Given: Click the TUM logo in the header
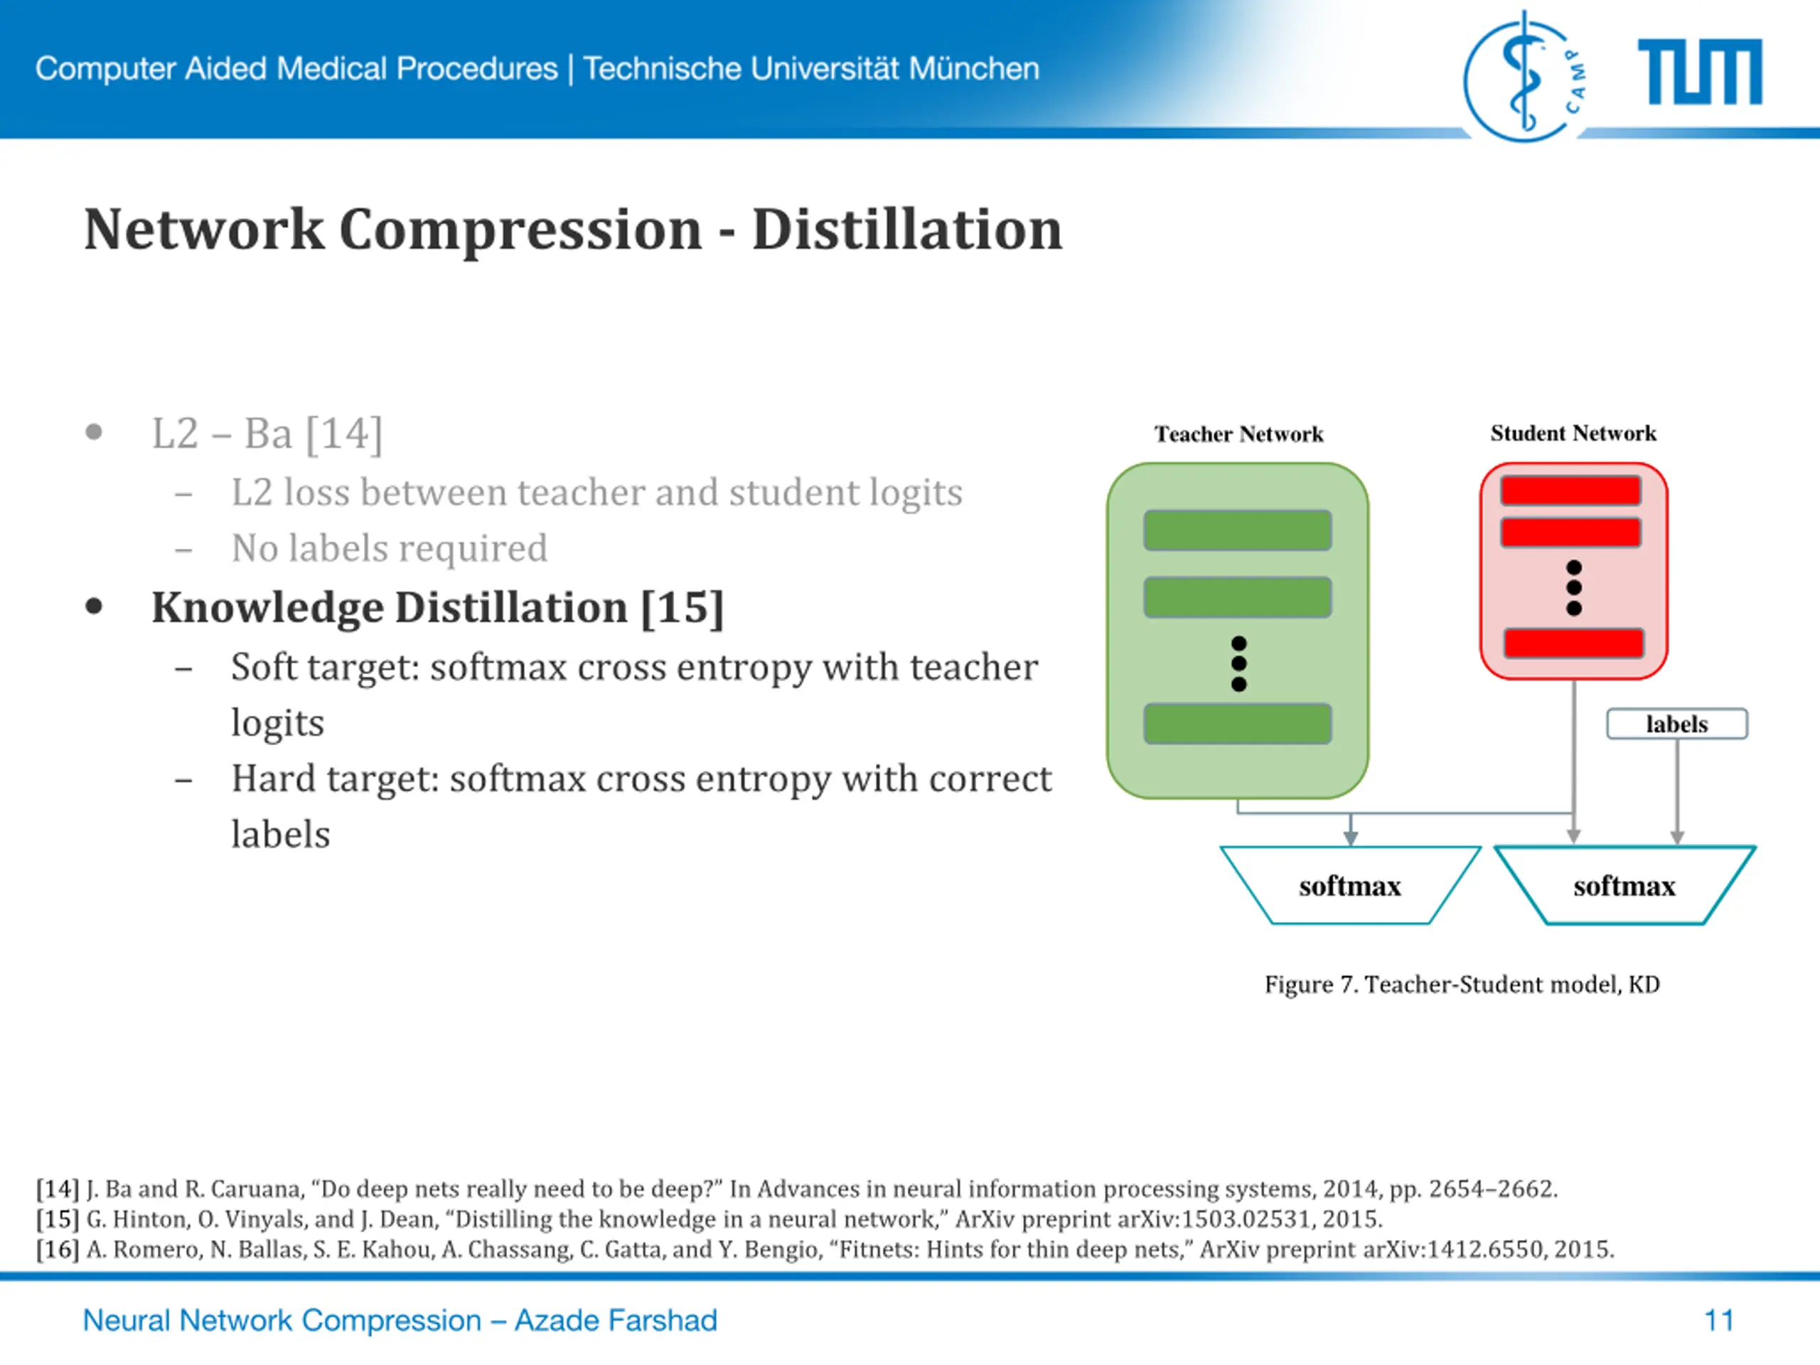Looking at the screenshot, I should point(1700,72).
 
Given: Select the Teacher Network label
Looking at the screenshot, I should point(1238,434).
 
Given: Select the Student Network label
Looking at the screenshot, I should point(1573,433).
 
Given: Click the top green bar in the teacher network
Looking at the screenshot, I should point(1238,530).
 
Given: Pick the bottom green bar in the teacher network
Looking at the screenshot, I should point(1238,723).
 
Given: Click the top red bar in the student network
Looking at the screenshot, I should point(1570,491).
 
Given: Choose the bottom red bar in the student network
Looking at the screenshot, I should point(1573,643).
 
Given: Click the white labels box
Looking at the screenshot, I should point(1677,724).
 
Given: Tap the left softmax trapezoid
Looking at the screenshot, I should point(1349,885).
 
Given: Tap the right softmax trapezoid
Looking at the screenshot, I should point(1624,885).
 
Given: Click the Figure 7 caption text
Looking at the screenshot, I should point(1462,984).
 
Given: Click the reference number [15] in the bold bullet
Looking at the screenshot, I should point(682,608).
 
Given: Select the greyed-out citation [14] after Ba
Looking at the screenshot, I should point(344,434).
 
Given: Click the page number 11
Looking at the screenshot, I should point(1719,1321).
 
